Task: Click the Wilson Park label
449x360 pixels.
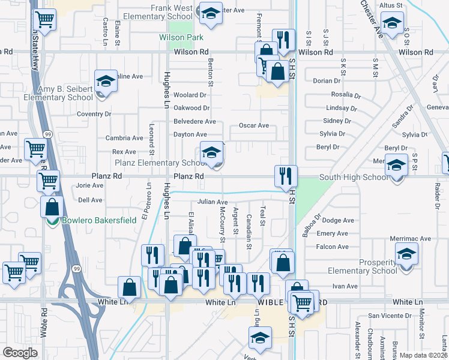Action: [x=181, y=37]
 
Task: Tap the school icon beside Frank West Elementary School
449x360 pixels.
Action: [x=211, y=15]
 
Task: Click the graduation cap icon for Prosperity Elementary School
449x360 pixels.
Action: [x=406, y=255]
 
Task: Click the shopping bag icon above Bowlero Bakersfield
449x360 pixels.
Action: [x=52, y=207]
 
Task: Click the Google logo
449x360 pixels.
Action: [x=20, y=352]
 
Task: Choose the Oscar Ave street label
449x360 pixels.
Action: [x=254, y=125]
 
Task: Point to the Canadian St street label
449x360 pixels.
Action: [x=249, y=229]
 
